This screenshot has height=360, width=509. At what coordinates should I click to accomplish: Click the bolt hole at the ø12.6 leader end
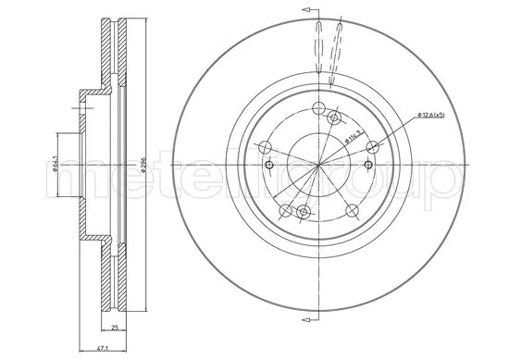pos(374,146)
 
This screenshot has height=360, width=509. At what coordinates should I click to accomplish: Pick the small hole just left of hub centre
pos(268,166)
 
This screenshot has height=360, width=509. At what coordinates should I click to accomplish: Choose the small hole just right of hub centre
pos(370,166)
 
